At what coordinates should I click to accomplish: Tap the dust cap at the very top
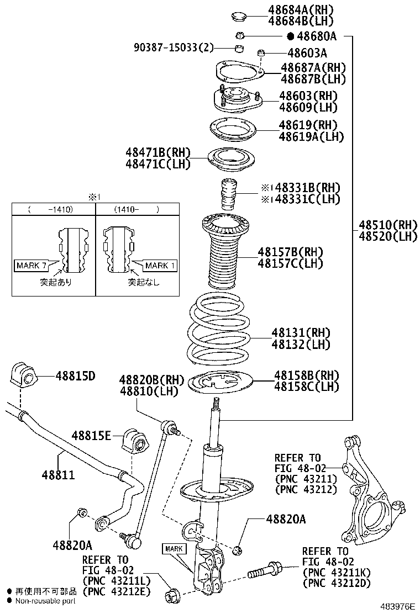point(238,15)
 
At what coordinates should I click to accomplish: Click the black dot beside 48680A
point(290,36)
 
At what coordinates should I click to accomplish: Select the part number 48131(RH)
point(300,332)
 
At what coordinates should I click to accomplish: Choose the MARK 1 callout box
point(160,266)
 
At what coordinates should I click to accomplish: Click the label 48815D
point(75,376)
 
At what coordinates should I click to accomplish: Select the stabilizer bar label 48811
point(56,475)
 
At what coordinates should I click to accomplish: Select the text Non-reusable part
point(45,601)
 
